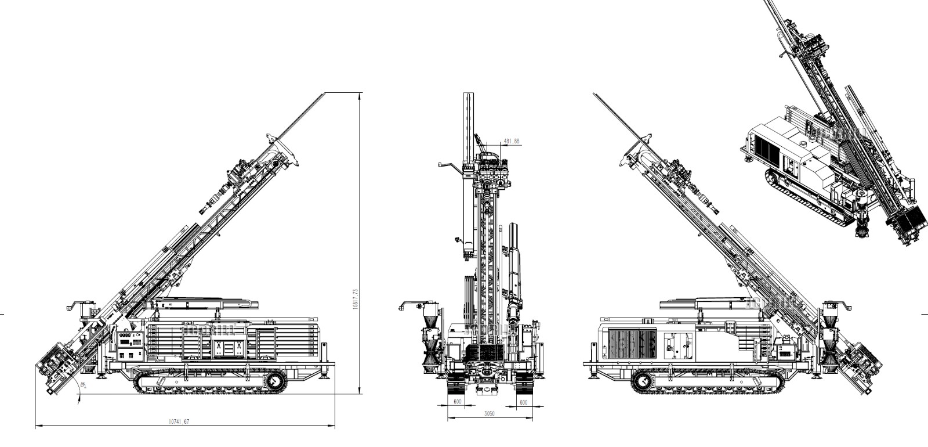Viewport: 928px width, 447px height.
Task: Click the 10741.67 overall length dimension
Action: coord(179,422)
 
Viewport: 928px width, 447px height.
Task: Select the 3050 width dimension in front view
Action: coord(489,413)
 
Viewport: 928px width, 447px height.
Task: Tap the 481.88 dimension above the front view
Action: coord(511,141)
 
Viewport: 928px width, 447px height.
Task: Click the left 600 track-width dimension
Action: coord(457,402)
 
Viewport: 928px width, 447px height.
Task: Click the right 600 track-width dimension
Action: coord(523,402)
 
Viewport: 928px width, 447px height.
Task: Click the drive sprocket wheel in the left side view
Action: coord(275,380)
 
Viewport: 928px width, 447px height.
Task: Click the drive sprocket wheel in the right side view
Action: coord(642,380)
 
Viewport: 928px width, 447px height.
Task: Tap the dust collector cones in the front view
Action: coord(430,343)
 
